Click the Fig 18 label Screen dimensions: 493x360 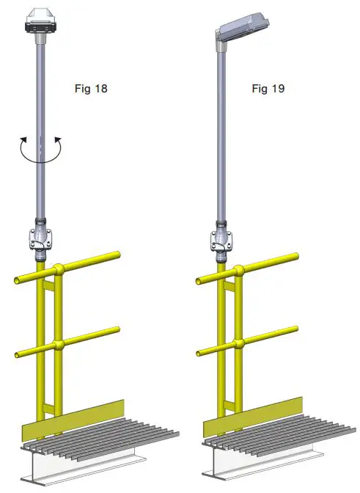click(x=92, y=89)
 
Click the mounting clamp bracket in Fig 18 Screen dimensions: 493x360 click(x=40, y=239)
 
